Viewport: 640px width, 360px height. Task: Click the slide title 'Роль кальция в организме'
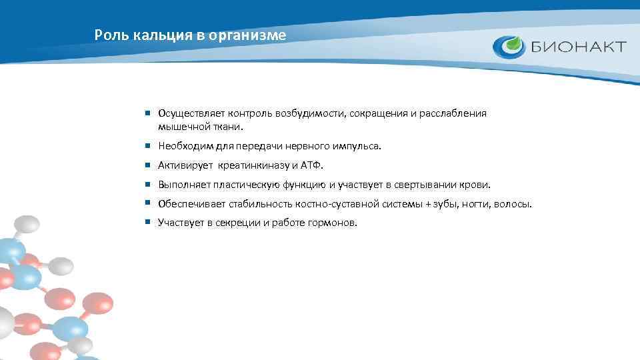tap(190, 35)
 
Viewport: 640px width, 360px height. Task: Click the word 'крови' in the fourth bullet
tap(477, 185)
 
